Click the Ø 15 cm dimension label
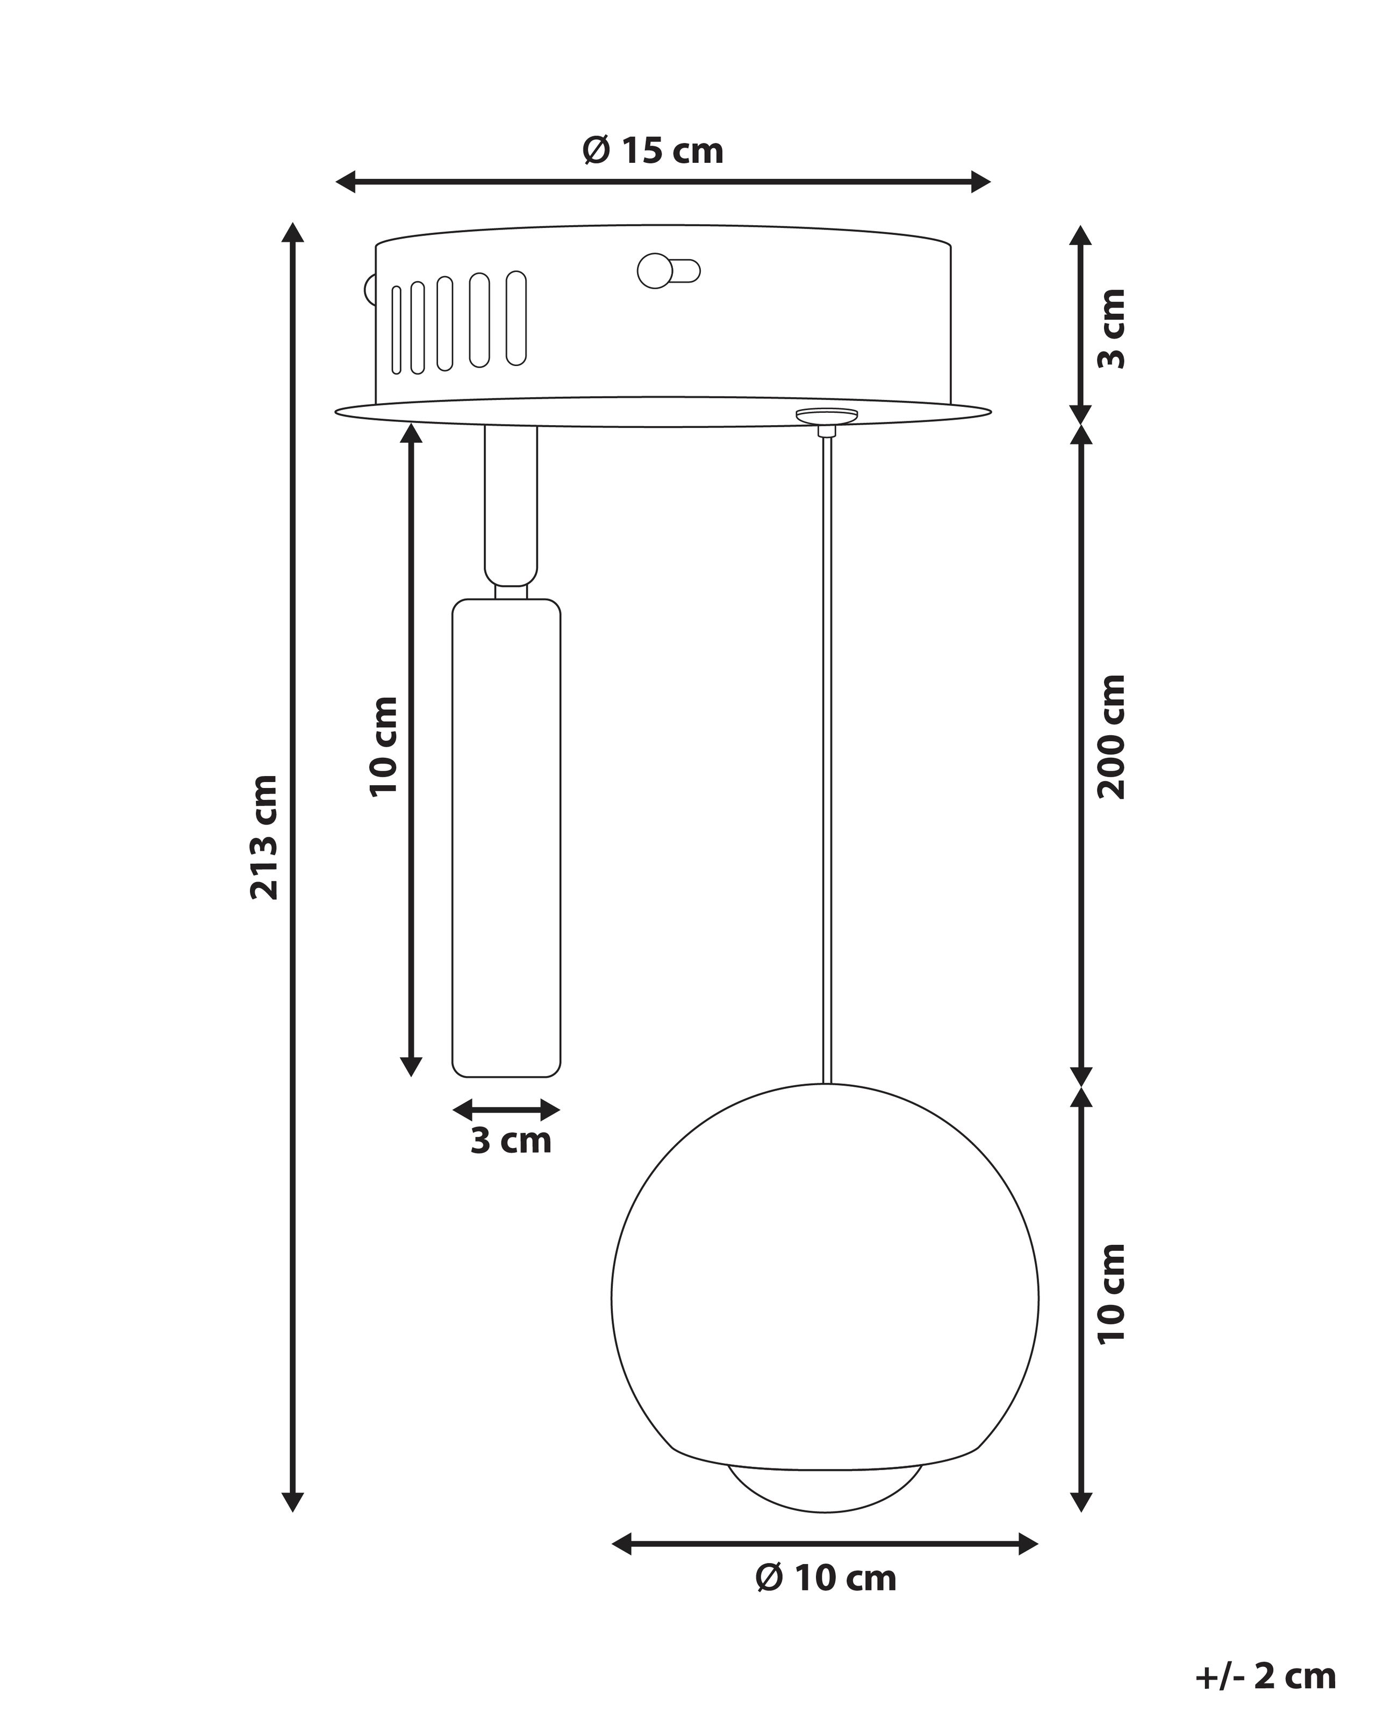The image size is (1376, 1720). coord(653,151)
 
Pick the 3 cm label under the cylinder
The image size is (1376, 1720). coord(511,1141)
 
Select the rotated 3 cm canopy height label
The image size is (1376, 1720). coord(1111,329)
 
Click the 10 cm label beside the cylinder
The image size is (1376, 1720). coord(384,746)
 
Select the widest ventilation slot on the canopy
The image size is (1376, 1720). coord(516,318)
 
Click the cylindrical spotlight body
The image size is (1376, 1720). coord(506,837)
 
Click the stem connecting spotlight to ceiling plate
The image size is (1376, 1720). coord(511,503)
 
